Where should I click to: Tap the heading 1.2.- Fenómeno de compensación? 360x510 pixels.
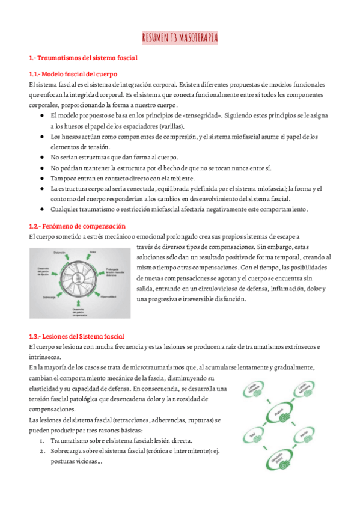[77, 226]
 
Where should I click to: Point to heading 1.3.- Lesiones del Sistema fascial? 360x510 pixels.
[76, 336]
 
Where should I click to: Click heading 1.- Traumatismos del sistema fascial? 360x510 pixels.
[84, 58]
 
